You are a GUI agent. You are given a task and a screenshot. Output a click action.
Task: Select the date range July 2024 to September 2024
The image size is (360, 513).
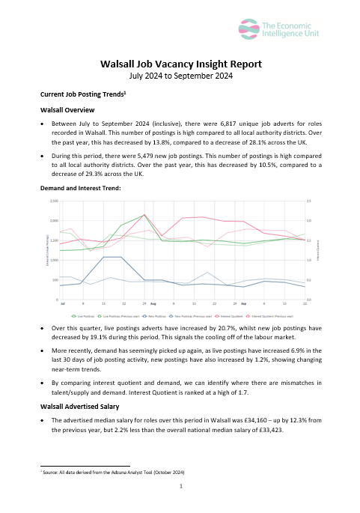point(180,76)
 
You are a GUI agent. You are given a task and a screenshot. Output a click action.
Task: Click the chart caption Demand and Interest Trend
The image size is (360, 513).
point(75,188)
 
